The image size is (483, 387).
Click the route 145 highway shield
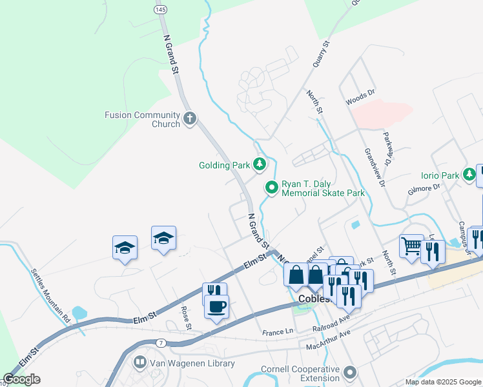tap(160, 10)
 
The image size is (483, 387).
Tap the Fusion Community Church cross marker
tap(189, 119)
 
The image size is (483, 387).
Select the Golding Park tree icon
tap(260, 165)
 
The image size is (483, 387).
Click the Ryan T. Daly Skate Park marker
tap(272, 188)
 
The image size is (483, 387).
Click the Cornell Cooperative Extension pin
tap(350, 373)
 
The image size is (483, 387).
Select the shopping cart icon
tap(411, 246)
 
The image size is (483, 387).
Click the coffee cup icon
tap(216, 306)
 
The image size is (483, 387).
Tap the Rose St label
tap(186, 317)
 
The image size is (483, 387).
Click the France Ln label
tap(278, 333)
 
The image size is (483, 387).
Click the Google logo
tap(21, 379)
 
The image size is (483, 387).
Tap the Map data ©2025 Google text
tap(442, 382)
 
